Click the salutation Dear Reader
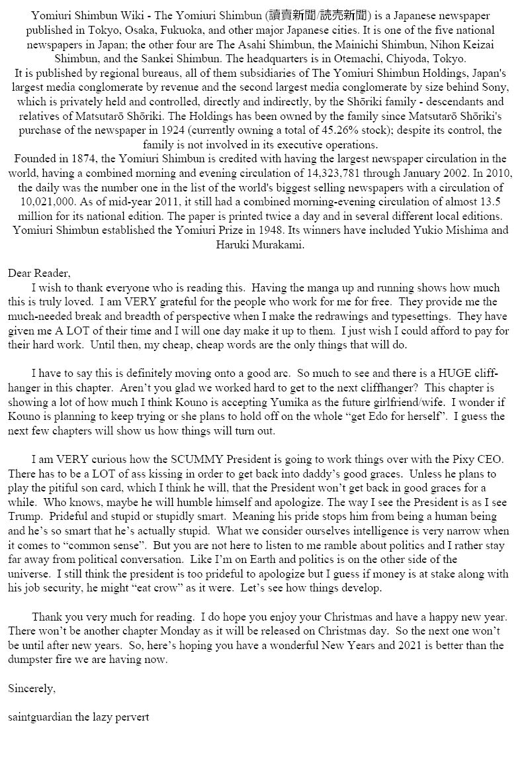pos(38,273)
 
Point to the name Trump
pos(24,517)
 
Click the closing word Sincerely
pos(32,689)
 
